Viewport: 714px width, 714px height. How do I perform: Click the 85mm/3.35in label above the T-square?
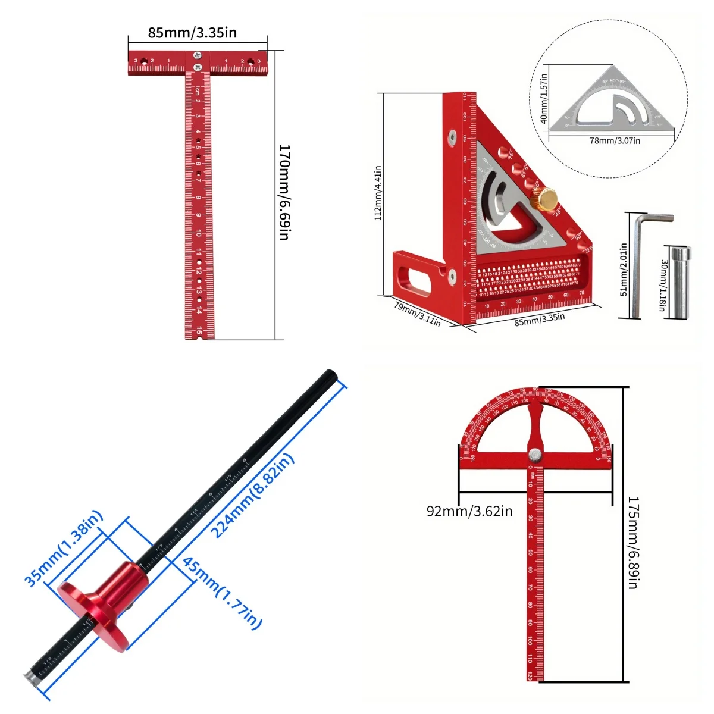(192, 33)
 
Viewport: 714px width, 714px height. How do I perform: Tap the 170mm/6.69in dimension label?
(284, 192)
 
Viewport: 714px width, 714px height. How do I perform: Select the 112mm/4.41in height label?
(378, 193)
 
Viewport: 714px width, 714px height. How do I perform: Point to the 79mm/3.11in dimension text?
(417, 314)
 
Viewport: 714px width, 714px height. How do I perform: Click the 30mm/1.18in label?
(664, 286)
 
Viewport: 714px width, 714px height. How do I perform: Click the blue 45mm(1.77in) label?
(222, 593)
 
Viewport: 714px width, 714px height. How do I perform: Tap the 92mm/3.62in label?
(469, 511)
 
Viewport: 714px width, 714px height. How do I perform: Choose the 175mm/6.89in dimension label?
(633, 543)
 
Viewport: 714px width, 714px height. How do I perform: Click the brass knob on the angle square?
(543, 196)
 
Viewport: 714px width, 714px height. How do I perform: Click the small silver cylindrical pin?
(678, 281)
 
